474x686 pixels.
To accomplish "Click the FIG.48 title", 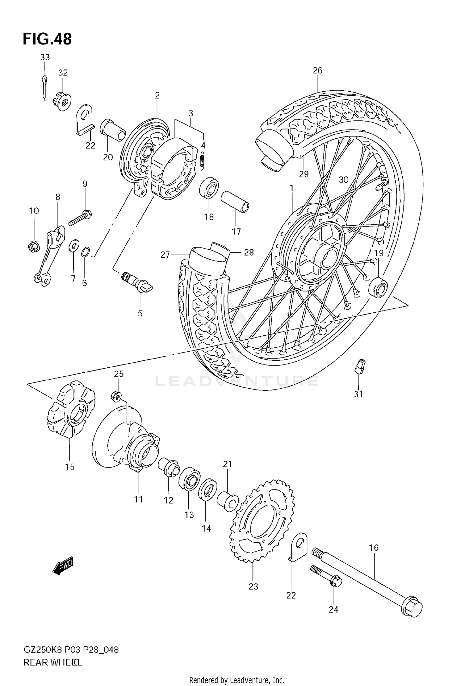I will (x=47, y=39).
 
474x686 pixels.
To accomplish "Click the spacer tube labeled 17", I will (x=235, y=202).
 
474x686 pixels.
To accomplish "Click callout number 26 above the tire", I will (x=317, y=70).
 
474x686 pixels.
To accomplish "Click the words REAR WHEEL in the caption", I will (x=52, y=669).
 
